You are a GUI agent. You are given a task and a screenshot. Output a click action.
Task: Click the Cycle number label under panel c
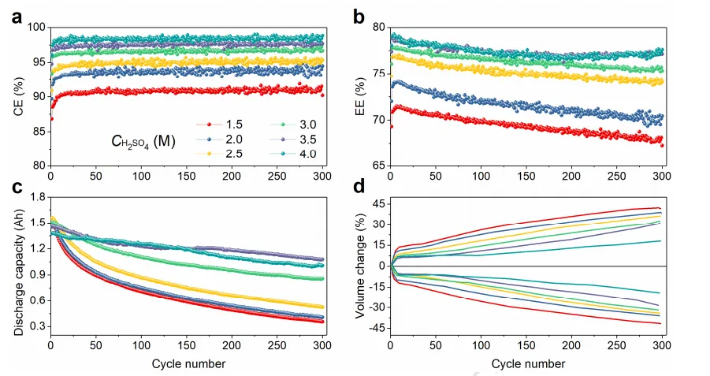tap(187, 364)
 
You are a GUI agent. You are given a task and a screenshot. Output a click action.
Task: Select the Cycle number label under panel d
tap(528, 364)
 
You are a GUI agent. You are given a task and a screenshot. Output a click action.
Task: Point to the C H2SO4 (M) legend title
tap(142, 143)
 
